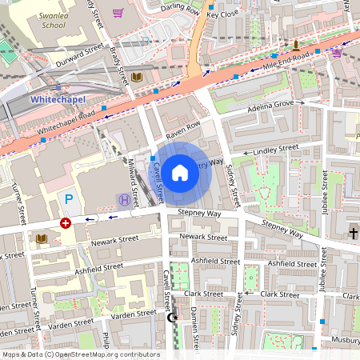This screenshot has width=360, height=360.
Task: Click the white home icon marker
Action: point(180,172)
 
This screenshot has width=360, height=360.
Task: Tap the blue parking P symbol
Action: point(69,198)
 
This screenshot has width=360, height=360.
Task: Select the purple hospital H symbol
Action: point(124,200)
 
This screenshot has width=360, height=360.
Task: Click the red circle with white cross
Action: point(66,222)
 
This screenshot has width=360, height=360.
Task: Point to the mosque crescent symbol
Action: point(170,318)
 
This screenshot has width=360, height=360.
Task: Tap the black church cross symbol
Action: point(353,233)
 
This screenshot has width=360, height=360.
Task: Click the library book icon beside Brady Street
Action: point(137,77)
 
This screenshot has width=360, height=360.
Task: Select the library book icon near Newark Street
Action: point(42,238)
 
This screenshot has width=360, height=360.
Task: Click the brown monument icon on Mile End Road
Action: point(296,43)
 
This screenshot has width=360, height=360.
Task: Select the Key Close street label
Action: point(222,14)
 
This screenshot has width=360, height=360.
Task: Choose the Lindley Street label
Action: point(274,150)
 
